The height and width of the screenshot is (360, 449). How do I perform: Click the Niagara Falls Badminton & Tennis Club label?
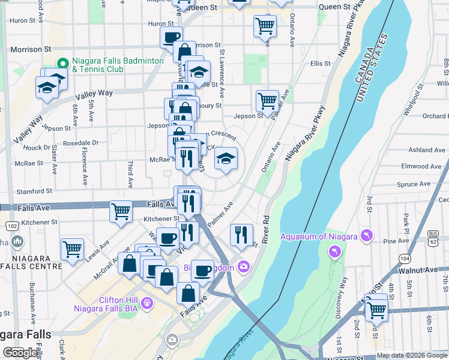[118, 65]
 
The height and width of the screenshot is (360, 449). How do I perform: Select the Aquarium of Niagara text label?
[319, 236]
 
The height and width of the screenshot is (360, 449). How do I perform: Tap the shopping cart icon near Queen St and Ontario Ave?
[265, 26]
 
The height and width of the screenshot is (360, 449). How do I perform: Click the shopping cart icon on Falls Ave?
[121, 211]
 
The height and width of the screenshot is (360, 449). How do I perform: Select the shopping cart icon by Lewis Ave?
[72, 248]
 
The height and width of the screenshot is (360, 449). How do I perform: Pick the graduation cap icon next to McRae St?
[226, 158]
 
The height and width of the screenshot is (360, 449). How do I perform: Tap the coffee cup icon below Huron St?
[172, 37]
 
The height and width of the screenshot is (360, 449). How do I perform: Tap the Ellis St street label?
[321, 64]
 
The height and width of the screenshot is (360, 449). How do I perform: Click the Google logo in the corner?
[21, 353]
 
